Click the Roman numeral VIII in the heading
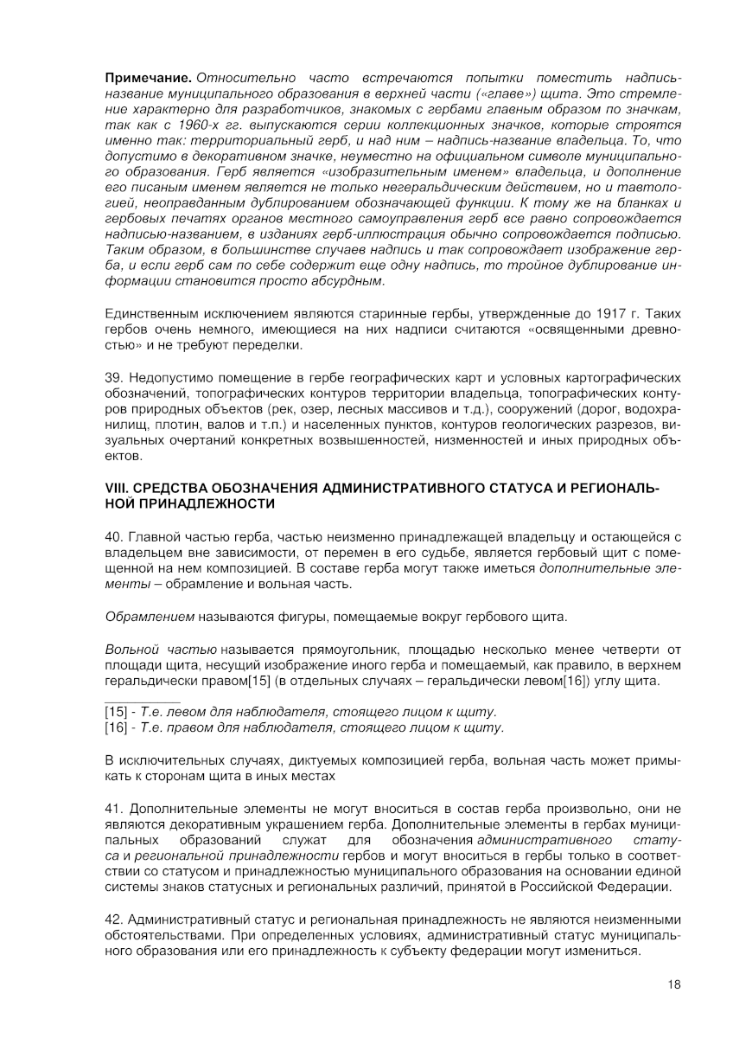pyautogui.click(x=115, y=489)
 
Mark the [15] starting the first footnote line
pyautogui.click(x=116, y=712)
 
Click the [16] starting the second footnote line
pyautogui.click(x=116, y=728)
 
